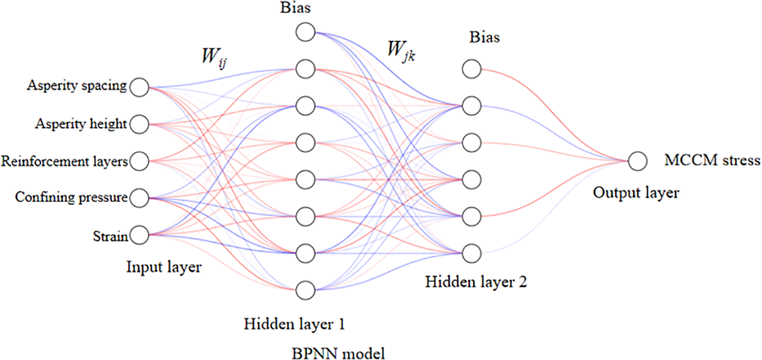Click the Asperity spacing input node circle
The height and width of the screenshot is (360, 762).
(139, 87)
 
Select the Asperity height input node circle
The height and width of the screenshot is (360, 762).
(139, 124)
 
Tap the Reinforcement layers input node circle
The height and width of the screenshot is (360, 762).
(139, 161)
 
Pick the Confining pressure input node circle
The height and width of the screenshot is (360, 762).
(139, 198)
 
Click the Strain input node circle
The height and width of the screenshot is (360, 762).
(139, 235)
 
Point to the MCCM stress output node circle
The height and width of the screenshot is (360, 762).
(637, 161)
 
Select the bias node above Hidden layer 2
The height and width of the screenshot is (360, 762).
(471, 69)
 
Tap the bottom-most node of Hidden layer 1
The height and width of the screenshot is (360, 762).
(305, 289)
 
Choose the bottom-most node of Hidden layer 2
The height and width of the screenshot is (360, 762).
(471, 253)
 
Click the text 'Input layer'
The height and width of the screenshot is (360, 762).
(163, 268)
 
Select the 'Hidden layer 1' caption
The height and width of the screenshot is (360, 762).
(294, 325)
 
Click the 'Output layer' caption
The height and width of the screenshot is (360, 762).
(636, 193)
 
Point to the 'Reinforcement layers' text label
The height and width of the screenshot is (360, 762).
(65, 161)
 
